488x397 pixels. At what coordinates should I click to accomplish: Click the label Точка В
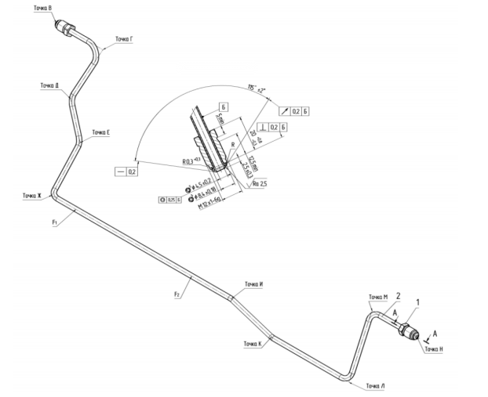click(41, 7)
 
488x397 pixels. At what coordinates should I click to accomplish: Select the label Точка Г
click(124, 38)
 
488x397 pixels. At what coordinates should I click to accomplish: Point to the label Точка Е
click(100, 132)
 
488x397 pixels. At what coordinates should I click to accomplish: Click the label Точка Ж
click(31, 195)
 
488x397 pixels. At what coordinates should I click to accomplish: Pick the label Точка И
click(253, 283)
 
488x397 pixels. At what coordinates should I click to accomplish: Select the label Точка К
click(252, 344)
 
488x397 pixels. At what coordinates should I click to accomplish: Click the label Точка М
click(379, 297)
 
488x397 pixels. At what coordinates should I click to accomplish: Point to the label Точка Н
click(435, 349)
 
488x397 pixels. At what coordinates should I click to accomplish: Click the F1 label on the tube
click(56, 222)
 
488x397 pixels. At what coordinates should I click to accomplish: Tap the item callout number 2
click(399, 296)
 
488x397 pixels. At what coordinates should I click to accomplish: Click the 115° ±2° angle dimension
click(256, 88)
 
